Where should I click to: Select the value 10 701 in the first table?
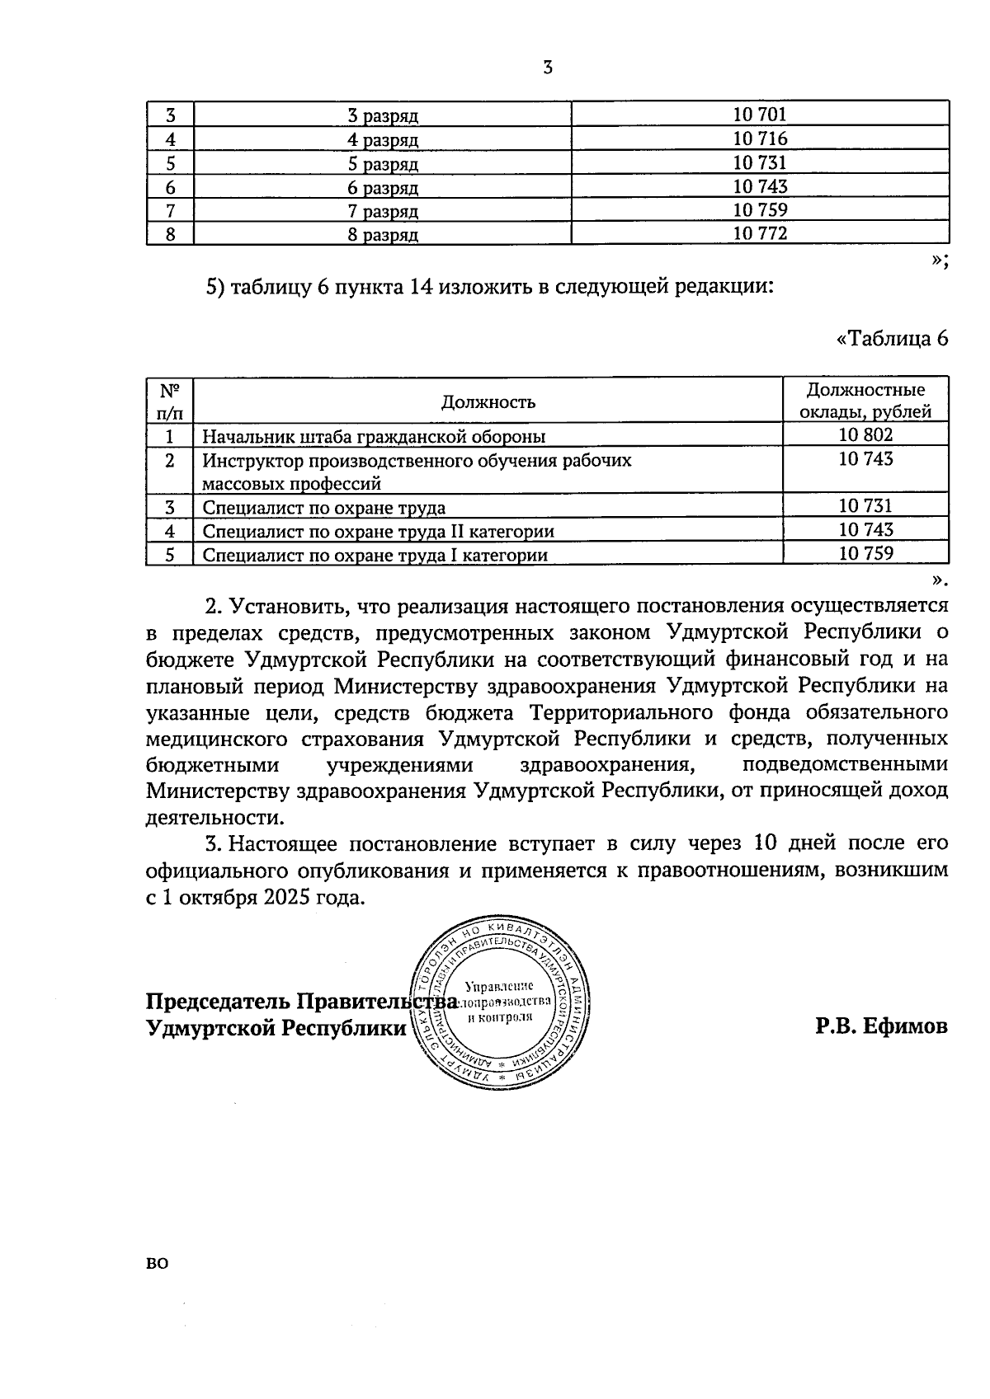760,115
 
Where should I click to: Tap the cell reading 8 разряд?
383,235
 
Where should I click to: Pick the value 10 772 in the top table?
760,233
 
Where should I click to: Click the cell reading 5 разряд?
383,163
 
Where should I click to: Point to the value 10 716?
760,138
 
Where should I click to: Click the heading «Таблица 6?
892,339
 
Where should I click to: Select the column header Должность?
488,401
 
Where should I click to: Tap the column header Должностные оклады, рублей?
865,401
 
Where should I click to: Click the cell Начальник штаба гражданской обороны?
374,436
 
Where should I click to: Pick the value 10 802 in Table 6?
865,434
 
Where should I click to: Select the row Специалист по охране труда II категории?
379,531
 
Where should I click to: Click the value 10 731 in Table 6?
865,506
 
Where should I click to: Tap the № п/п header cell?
169,400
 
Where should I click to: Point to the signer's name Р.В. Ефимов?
881,1027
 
